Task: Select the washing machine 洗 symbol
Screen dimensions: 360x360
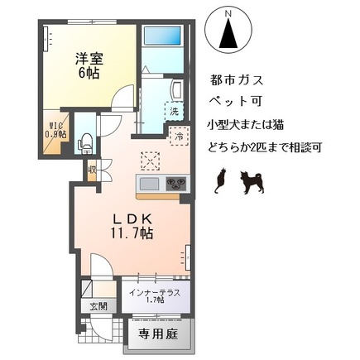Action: pos(175,110)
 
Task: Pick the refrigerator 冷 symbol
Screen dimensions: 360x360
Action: pos(178,135)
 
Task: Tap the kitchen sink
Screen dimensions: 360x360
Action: pos(150,184)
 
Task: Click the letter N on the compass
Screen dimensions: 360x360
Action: pos(230,14)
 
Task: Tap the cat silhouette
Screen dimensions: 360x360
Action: pos(220,181)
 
